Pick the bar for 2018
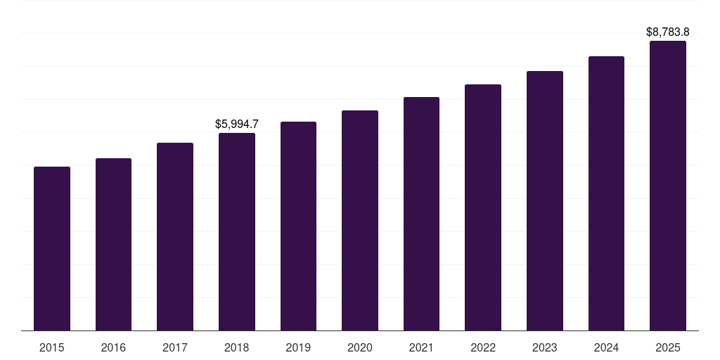pos(237,231)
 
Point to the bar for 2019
pos(298,226)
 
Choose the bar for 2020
pos(360,220)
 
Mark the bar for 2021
pos(421,214)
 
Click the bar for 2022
pos(483,207)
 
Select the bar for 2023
pos(545,200)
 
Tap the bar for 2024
pos(606,193)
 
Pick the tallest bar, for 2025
pos(668,186)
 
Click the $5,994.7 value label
pos(237,124)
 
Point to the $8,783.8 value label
pos(668,32)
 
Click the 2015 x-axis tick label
pos(52,347)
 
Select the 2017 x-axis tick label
pos(175,347)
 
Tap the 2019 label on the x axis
pos(298,347)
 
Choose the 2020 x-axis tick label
pos(360,347)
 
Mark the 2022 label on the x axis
pos(483,347)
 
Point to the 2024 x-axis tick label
pos(606,347)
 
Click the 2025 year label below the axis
pos(668,347)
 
